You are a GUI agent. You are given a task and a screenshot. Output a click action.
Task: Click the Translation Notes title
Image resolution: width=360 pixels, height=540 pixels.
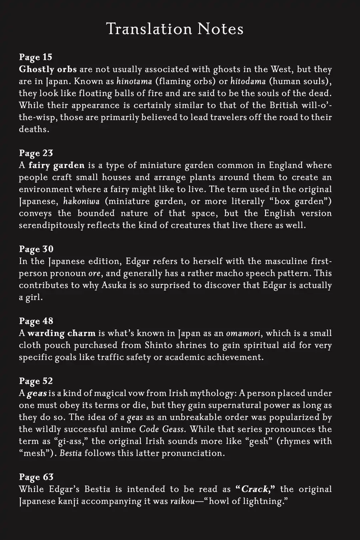click(175, 29)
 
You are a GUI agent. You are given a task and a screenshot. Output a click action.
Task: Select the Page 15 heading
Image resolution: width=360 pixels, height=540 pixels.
click(36, 57)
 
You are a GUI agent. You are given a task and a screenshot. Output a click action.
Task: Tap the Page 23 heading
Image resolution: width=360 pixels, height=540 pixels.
click(36, 153)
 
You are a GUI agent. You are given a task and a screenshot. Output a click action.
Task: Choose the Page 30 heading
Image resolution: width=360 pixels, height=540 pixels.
click(36, 249)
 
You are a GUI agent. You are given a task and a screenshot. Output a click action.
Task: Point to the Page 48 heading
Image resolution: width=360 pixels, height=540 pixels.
click(36, 321)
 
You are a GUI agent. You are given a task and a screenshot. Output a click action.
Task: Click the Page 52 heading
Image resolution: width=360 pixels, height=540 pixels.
click(36, 381)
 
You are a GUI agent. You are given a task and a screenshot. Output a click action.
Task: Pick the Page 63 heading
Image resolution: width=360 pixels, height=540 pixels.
click(36, 477)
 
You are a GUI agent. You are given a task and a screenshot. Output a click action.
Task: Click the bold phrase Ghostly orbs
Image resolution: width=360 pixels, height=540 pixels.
click(48, 69)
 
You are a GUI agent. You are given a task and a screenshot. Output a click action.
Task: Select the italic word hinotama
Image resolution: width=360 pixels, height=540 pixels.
click(134, 82)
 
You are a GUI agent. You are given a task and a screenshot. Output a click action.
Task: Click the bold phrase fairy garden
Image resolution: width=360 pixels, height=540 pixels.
click(56, 165)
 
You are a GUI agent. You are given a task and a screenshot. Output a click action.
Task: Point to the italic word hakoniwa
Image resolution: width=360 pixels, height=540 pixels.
click(82, 201)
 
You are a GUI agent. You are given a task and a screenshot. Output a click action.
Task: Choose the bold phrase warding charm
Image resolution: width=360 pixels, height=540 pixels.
click(62, 333)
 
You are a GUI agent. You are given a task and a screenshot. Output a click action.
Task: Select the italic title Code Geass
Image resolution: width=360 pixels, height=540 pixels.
click(162, 429)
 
